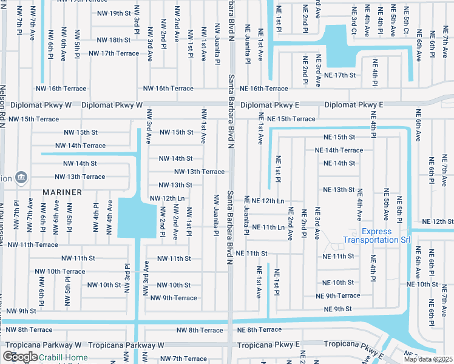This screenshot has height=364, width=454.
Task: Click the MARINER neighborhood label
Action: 63,192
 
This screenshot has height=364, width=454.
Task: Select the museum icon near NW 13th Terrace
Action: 21,177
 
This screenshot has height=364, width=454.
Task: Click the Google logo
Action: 20,357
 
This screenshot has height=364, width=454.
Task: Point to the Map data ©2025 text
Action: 429,359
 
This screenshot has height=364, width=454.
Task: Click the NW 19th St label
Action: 113,13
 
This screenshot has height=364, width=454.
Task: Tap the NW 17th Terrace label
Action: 113,53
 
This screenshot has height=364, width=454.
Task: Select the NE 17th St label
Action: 339,75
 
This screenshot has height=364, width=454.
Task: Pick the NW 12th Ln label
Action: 167,198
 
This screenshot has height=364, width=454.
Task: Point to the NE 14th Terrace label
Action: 339,150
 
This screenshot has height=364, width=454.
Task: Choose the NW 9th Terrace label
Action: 174,298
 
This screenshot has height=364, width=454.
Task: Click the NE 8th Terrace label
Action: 259,330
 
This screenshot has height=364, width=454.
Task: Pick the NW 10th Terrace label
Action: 60,271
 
